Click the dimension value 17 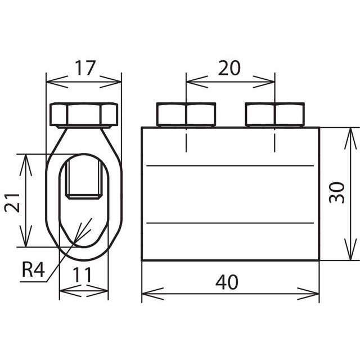click(85, 68)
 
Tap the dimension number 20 click(229, 68)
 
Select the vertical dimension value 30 click(337, 192)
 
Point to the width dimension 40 click(227, 282)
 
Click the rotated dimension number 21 click(12, 202)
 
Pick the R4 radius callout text click(33, 269)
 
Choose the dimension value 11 click(82, 275)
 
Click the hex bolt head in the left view click(84, 115)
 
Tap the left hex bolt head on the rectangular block click(186, 115)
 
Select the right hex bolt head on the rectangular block click(275, 115)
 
